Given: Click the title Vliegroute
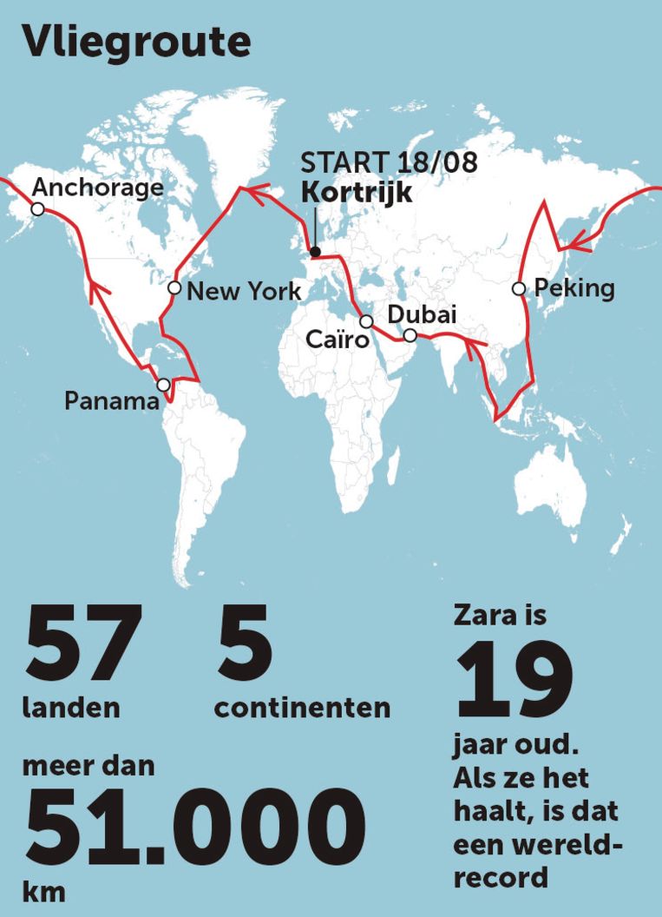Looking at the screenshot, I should click(x=137, y=42).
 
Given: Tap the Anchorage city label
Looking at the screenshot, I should click(x=97, y=188).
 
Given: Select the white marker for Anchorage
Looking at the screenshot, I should click(x=37, y=209).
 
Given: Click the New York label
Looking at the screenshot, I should click(x=244, y=291).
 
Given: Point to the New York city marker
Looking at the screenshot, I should click(x=174, y=287).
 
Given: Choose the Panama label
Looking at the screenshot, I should click(x=112, y=401).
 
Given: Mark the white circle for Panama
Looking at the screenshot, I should click(x=163, y=385).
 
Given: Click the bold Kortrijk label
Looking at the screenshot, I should click(x=357, y=192).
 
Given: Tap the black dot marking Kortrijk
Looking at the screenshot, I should click(x=316, y=252).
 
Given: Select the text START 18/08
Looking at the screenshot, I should click(x=388, y=163).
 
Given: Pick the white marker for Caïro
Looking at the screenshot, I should click(x=366, y=321).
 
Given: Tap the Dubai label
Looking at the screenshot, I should click(x=422, y=314).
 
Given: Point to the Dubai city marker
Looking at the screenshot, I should click(x=410, y=335).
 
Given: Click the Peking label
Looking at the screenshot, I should click(x=574, y=288).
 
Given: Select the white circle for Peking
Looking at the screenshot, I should click(x=518, y=288).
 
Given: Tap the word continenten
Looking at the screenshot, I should click(x=302, y=708).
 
